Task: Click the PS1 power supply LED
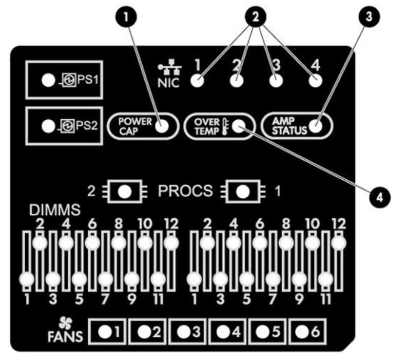(48, 80)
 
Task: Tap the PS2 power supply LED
(48, 126)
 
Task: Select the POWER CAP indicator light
(162, 126)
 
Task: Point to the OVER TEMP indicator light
(239, 126)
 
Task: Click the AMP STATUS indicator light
(316, 126)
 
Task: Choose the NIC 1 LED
(197, 81)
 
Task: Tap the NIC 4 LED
(316, 81)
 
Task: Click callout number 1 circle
(126, 17)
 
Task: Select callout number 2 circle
(255, 17)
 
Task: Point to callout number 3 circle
(369, 16)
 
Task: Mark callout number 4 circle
(380, 197)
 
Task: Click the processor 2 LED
(125, 192)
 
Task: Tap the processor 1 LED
(243, 192)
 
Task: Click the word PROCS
(185, 191)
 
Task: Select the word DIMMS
(54, 210)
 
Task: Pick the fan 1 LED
(105, 332)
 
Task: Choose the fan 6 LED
(302, 332)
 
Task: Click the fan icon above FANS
(65, 324)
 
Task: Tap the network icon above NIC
(170, 67)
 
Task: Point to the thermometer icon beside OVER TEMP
(225, 127)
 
